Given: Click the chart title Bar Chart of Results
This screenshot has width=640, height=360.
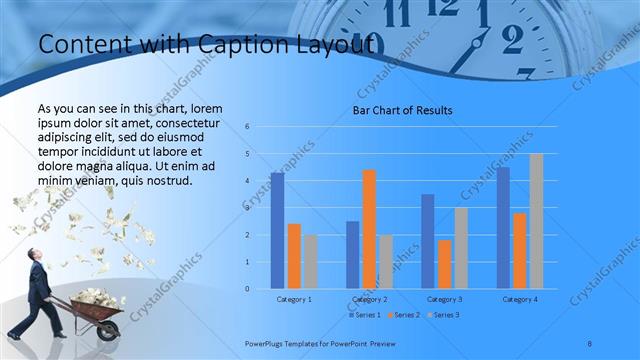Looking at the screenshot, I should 402,110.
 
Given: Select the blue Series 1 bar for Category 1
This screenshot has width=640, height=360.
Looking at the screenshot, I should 277,231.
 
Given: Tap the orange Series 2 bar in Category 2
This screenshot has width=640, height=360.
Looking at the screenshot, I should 369,229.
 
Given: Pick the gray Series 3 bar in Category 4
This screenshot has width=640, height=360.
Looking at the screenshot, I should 536,221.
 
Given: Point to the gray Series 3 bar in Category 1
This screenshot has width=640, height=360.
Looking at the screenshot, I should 311,262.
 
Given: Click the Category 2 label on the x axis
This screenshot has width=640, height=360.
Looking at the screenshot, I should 369,299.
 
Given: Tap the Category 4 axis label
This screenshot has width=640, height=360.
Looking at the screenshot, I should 519,299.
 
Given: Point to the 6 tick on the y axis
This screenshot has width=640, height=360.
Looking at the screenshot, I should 248,127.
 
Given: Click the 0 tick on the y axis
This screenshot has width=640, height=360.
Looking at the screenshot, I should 248,289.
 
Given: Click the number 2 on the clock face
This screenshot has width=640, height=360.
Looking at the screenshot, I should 512,39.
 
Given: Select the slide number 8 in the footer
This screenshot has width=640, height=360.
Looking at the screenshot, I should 590,344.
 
